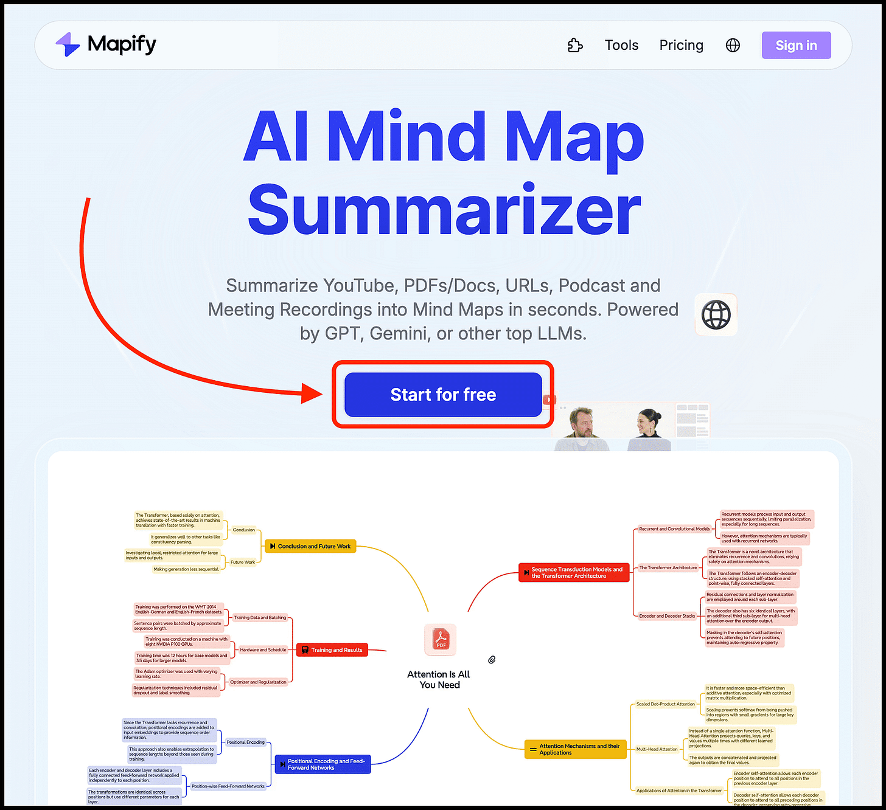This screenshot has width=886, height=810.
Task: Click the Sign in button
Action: click(796, 46)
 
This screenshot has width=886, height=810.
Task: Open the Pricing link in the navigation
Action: click(681, 46)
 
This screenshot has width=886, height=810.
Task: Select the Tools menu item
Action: click(621, 46)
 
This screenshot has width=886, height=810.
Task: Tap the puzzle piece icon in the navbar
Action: click(575, 46)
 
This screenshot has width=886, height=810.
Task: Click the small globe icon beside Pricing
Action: click(733, 46)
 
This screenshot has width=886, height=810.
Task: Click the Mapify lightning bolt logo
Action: click(68, 44)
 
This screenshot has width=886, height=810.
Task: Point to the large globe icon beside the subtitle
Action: click(716, 315)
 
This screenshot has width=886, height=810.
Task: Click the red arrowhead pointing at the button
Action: click(313, 393)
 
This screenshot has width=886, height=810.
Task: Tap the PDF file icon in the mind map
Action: click(440, 640)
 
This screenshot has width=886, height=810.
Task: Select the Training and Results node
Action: click(332, 650)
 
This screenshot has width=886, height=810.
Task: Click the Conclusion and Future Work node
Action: click(310, 546)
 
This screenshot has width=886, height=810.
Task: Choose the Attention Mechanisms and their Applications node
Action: click(575, 749)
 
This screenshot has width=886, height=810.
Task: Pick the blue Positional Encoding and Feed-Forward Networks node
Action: click(323, 764)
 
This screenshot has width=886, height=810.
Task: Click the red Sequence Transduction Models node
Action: click(573, 573)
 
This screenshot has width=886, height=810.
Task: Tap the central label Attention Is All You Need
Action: click(439, 679)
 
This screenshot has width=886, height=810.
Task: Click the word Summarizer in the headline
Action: click(444, 210)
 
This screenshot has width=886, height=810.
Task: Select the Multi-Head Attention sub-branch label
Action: click(657, 749)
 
